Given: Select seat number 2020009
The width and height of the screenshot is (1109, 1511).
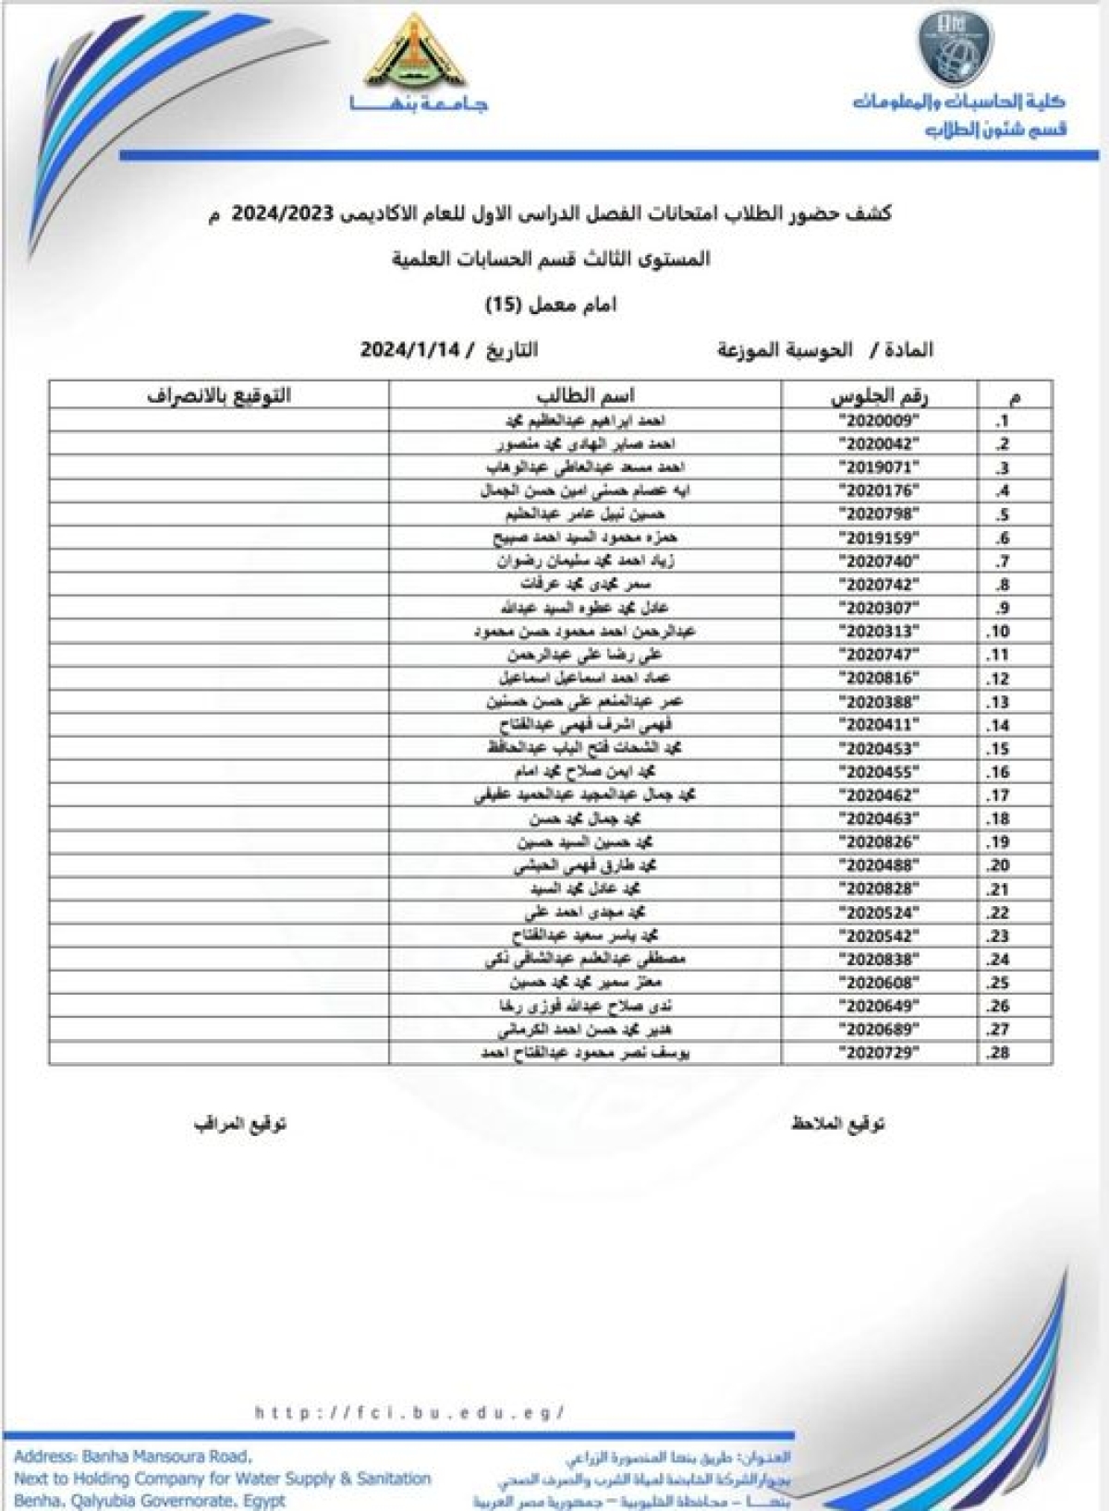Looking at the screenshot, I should [x=881, y=421].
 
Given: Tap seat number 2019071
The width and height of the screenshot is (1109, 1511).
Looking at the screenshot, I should [x=881, y=467].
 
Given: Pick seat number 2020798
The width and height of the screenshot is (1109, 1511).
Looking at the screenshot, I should [x=881, y=514].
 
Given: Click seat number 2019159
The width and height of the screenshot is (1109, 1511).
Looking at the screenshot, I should [x=881, y=538].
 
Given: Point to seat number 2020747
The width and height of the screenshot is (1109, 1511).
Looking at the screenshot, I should [x=881, y=655].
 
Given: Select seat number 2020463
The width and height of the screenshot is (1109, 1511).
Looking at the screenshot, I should [x=881, y=818].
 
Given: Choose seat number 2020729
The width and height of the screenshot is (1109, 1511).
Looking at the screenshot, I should [x=881, y=1052].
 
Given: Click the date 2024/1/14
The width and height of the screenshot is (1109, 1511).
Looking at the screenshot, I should [x=409, y=350].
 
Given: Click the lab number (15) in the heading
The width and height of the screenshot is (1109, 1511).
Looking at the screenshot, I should [x=505, y=305].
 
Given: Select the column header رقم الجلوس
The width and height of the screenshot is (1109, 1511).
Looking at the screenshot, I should [x=879, y=396].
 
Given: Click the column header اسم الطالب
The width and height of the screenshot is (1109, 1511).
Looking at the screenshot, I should [x=585, y=396].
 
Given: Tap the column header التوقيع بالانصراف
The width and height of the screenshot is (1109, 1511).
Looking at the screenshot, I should [x=219, y=396].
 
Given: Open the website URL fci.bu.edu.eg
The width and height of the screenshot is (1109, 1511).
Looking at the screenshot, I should [x=409, y=1412].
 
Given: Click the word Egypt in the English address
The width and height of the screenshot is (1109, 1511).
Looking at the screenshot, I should [x=264, y=1501].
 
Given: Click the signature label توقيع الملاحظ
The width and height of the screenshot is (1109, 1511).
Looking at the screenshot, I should [x=837, y=1124].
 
